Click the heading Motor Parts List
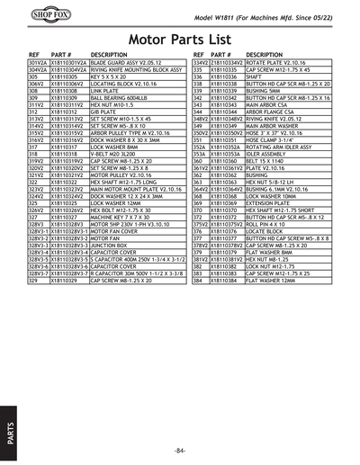(x=180, y=40)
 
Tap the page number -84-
(x=180, y=449)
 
